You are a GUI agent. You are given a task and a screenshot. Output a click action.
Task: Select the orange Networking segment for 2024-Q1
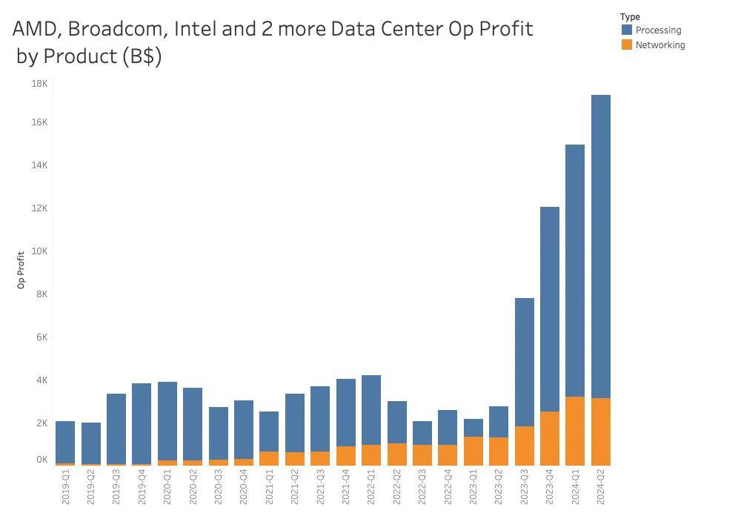(x=575, y=431)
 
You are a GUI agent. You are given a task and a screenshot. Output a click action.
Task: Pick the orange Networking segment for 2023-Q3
(x=524, y=446)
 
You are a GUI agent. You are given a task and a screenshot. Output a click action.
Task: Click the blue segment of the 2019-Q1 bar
(x=65, y=442)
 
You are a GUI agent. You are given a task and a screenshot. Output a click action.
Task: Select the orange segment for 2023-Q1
(x=473, y=451)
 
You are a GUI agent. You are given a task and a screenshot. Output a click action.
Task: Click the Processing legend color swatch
(x=627, y=30)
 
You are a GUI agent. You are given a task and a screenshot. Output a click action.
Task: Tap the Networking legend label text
(x=660, y=45)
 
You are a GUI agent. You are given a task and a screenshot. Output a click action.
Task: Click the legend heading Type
(x=631, y=17)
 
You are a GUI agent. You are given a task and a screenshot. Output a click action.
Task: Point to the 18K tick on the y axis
(x=39, y=84)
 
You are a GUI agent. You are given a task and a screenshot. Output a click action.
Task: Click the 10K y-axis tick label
(x=39, y=251)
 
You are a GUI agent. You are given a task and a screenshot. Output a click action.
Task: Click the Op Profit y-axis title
(x=21, y=270)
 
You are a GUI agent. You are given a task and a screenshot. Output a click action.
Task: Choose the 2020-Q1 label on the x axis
(x=167, y=489)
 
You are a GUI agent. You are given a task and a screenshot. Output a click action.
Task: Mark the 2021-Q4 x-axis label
(x=346, y=489)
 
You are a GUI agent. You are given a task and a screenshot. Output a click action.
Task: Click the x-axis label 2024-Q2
(x=601, y=489)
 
